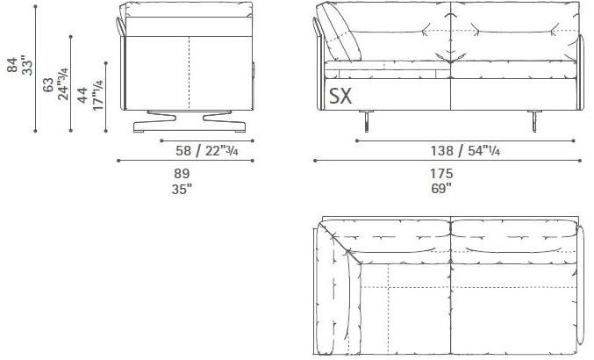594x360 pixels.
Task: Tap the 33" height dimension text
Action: pyautogui.click(x=27, y=66)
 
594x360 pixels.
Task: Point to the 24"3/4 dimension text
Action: pyautogui.click(x=63, y=83)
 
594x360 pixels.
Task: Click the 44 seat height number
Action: pyautogui.click(x=82, y=96)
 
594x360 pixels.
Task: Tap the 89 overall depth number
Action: pyautogui.click(x=182, y=173)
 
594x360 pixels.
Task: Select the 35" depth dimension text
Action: pyautogui.click(x=182, y=187)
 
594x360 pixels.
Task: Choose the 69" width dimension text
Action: pyautogui.click(x=441, y=187)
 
